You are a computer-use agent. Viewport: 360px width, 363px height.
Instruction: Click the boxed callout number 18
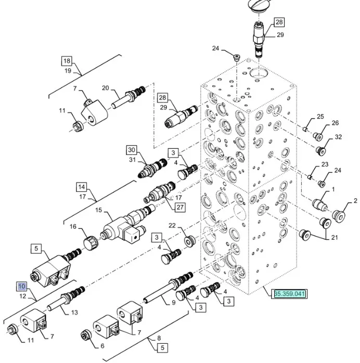click(67, 60)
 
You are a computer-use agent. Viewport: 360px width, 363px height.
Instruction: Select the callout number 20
click(105, 88)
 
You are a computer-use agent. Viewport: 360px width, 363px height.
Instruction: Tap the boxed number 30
click(131, 150)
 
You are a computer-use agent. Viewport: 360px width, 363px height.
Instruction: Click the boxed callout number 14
click(81, 187)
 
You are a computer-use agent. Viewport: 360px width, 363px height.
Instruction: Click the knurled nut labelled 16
click(90, 242)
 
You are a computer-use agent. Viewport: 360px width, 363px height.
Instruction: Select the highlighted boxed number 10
click(21, 286)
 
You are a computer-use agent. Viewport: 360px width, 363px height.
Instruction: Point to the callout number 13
click(74, 312)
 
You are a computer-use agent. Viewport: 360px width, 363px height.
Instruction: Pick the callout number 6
click(101, 345)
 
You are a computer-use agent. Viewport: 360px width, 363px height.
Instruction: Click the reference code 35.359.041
click(290, 294)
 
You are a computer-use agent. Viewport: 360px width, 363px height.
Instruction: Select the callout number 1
click(333, 189)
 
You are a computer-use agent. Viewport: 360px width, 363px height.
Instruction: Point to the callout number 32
click(338, 137)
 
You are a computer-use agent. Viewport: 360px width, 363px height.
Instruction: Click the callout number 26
click(335, 123)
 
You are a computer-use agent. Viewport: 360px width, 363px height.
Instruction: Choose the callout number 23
click(325, 164)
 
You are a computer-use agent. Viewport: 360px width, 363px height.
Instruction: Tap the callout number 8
click(151, 338)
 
